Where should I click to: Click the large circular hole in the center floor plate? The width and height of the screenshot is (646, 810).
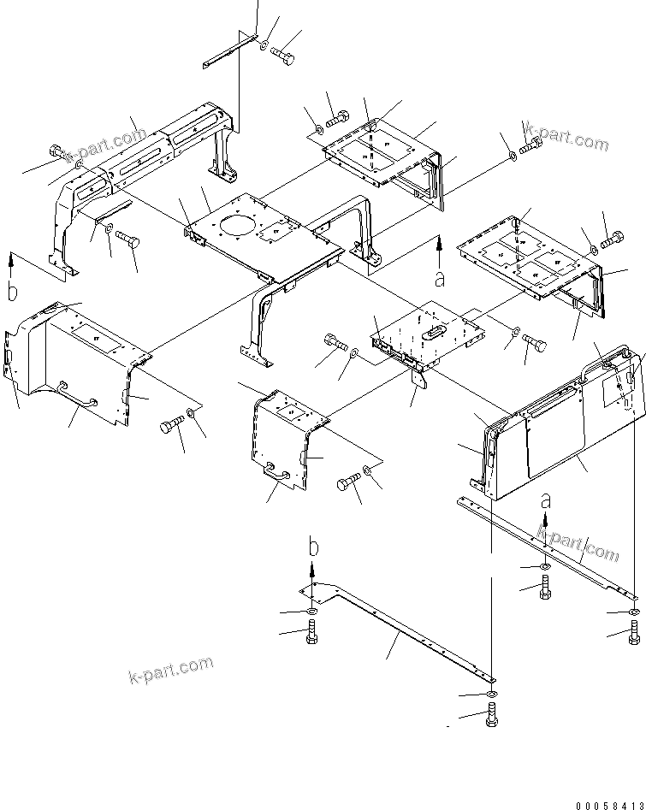(x=237, y=229)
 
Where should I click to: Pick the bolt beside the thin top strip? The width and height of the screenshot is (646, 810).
(x=284, y=54)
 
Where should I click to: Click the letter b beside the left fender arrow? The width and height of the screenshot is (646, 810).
(x=12, y=293)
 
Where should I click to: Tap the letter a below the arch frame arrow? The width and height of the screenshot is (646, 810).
(x=440, y=278)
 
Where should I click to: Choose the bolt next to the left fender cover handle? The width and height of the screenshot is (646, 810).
(x=169, y=427)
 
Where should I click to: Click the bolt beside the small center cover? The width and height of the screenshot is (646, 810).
(x=348, y=484)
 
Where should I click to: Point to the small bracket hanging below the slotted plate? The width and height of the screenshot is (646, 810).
(x=419, y=385)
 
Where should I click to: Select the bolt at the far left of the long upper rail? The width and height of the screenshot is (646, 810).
(x=58, y=152)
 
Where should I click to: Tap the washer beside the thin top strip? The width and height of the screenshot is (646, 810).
(x=265, y=44)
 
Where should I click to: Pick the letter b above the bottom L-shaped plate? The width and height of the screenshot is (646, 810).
(x=314, y=547)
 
